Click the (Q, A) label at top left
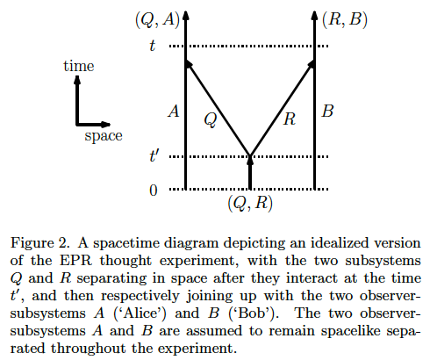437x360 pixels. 157,20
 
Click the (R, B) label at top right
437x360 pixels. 345,20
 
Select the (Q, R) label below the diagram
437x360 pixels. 250,203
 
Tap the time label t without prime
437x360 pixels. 152,46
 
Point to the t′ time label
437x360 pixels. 154,155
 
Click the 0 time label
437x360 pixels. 154,191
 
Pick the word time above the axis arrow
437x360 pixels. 79,66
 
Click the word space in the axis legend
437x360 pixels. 104,136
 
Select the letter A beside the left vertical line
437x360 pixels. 174,112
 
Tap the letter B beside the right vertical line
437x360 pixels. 327,112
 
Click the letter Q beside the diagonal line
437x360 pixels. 211,119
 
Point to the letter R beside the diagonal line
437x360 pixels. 290,119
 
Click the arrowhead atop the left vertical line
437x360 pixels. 186,16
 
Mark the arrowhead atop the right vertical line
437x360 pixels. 314,16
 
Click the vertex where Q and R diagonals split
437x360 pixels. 250,155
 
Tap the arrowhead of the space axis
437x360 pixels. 105,125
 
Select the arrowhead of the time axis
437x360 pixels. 77,80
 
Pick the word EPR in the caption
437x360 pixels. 75,261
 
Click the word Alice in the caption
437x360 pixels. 141,313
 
